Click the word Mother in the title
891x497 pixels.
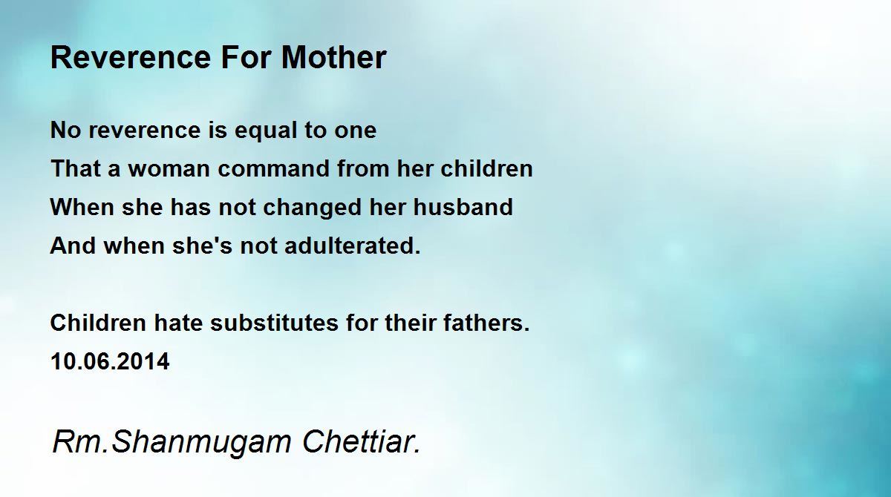pyautogui.click(x=333, y=57)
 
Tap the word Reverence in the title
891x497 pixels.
pyautogui.click(x=131, y=58)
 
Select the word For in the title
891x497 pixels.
pyautogui.click(x=246, y=58)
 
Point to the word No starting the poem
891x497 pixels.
pyautogui.click(x=65, y=130)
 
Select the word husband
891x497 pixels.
pyautogui.click(x=463, y=207)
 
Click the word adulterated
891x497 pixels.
pyautogui.click(x=353, y=246)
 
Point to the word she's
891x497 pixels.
pyautogui.click(x=202, y=246)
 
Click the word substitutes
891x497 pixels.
pyautogui.click(x=275, y=323)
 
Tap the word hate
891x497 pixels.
pyautogui.click(x=178, y=323)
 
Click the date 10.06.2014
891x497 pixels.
pyautogui.click(x=110, y=361)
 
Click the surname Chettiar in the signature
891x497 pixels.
pyautogui.click(x=361, y=441)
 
